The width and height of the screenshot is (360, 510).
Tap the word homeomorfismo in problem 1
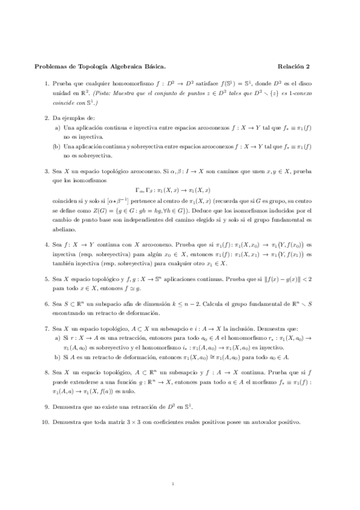coord(123,85)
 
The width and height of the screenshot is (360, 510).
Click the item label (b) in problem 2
coord(56,146)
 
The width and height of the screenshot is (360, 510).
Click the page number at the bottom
coord(172,484)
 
